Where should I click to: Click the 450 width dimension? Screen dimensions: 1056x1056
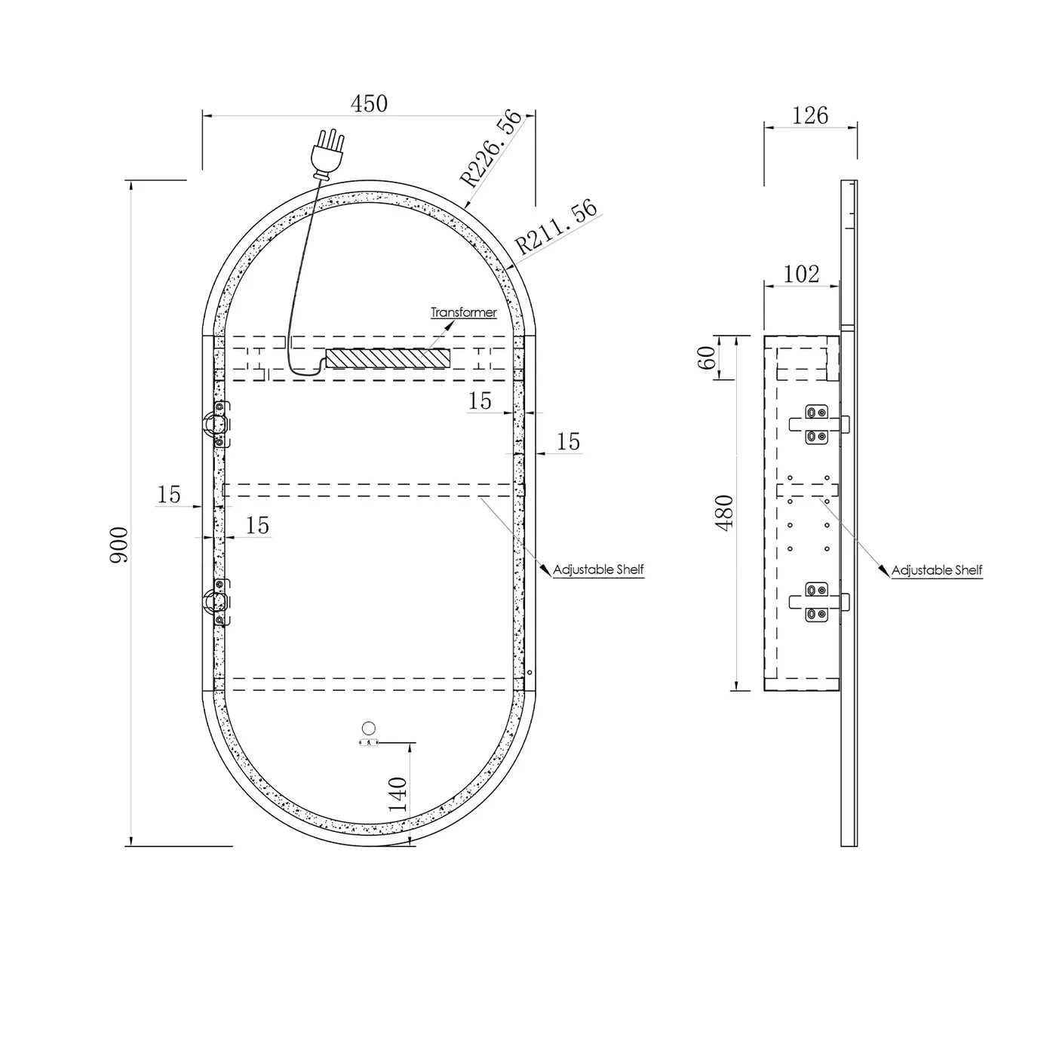369,103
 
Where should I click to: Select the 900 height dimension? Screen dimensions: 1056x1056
119,545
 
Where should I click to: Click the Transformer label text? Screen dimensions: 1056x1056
464,312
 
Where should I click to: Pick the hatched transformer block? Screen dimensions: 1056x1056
388,358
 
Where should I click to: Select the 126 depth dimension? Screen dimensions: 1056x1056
810,115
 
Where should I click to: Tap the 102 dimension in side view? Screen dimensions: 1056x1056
801,274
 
